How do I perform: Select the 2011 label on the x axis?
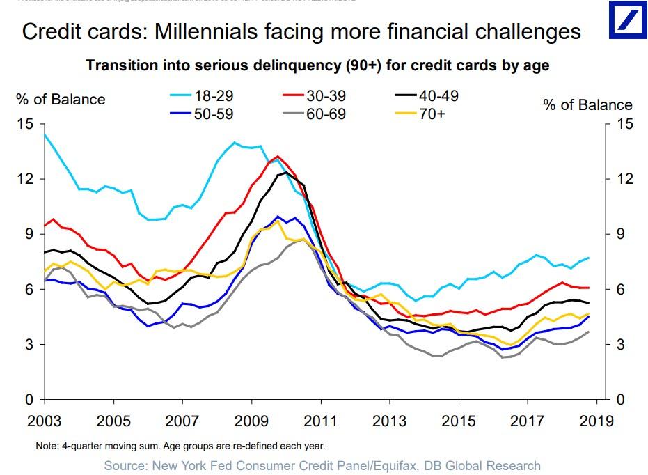pyautogui.click(x=321, y=421)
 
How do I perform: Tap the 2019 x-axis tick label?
pyautogui.click(x=596, y=421)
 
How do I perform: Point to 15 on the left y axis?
pyautogui.click(x=26, y=125)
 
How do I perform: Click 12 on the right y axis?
pyautogui.click(x=624, y=180)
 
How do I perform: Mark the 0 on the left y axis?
pyautogui.click(x=29, y=400)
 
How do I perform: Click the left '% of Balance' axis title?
pyautogui.click(x=61, y=100)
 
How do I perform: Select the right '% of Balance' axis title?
pyautogui.click(x=587, y=105)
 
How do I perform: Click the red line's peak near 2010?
pyautogui.click(x=278, y=156)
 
